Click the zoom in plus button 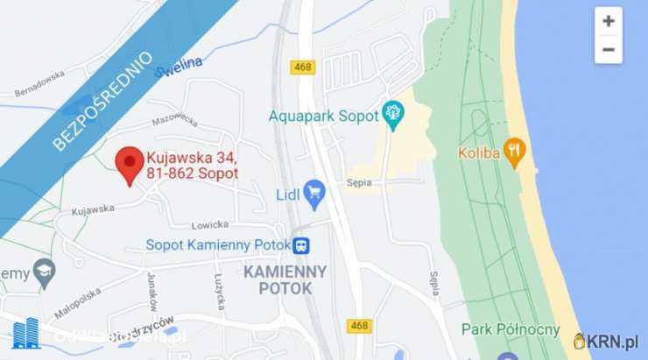(x=608, y=21)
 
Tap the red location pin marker (x=130, y=163)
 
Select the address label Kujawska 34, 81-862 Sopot (x=193, y=166)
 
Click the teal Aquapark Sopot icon (x=392, y=114)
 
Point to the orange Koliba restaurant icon (x=515, y=152)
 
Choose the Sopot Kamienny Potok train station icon (x=301, y=245)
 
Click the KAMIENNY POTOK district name (x=285, y=279)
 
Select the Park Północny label (x=511, y=329)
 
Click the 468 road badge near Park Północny (x=358, y=325)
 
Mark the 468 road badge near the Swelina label (x=303, y=67)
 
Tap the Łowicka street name (x=209, y=225)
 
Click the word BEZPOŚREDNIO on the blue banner (x=102, y=102)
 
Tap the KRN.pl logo (x=606, y=341)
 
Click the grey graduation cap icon (x=44, y=274)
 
